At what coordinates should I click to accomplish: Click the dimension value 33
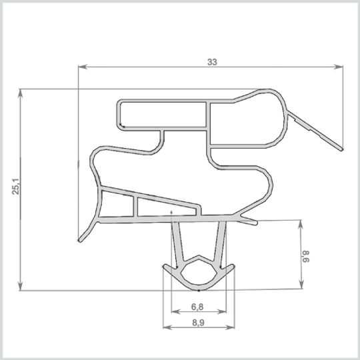212,62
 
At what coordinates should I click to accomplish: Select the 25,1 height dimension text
16,186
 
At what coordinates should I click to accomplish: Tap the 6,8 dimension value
197,307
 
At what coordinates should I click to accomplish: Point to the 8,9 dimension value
198,323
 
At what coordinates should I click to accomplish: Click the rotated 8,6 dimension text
306,257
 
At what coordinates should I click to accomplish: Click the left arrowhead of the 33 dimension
83,67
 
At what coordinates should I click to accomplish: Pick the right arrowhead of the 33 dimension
339,67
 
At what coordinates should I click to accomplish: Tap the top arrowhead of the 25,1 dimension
21,93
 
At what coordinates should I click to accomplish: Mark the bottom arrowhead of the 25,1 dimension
21,286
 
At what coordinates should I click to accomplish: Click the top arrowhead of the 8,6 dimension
301,224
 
